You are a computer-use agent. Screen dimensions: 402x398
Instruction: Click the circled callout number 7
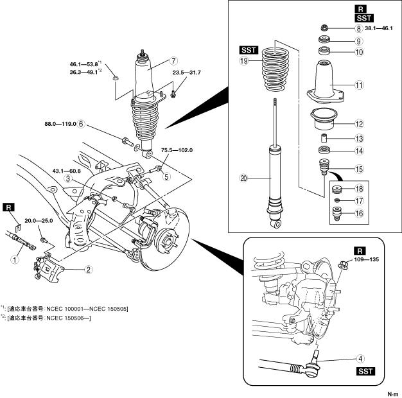pyautogui.click(x=174, y=61)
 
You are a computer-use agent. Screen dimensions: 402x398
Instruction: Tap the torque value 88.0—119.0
pyautogui.click(x=60, y=124)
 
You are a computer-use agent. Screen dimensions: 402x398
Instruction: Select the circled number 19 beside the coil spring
pyautogui.click(x=244, y=61)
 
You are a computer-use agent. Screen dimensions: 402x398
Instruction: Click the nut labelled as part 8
pyautogui.click(x=324, y=27)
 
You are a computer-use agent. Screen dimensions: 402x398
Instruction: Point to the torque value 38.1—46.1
pyautogui.click(x=378, y=28)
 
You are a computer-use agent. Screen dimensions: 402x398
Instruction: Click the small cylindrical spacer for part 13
pyautogui.click(x=324, y=139)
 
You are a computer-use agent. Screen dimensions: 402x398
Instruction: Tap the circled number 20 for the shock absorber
pyautogui.click(x=243, y=178)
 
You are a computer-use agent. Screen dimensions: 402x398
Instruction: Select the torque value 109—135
pyautogui.click(x=367, y=259)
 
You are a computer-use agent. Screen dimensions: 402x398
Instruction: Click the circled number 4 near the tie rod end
pyautogui.click(x=360, y=359)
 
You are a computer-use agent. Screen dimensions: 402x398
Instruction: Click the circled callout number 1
pyautogui.click(x=15, y=259)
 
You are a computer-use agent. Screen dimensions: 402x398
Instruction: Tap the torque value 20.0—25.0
pyautogui.click(x=39, y=221)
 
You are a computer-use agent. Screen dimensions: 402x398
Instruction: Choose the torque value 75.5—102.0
pyautogui.click(x=177, y=150)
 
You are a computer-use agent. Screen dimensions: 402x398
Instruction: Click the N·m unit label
pyautogui.click(x=393, y=394)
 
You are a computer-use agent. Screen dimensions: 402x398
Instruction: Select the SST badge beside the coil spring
pyautogui.click(x=249, y=50)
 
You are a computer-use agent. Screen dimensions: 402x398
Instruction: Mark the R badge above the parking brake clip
pyautogui.click(x=9, y=207)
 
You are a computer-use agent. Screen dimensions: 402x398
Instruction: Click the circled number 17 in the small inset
pyautogui.click(x=359, y=201)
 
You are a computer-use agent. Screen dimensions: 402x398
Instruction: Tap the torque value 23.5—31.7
pyautogui.click(x=187, y=73)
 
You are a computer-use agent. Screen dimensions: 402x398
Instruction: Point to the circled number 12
pyautogui.click(x=359, y=124)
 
